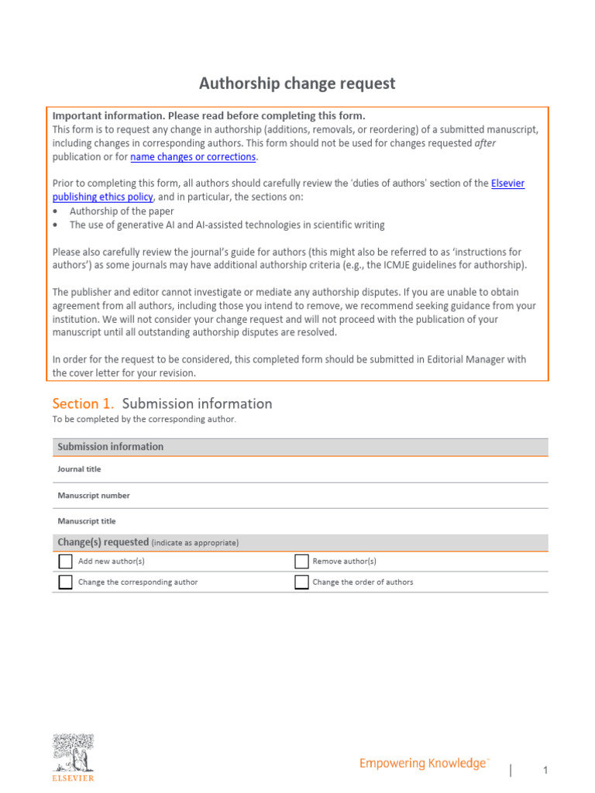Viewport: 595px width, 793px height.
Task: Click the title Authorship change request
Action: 297,83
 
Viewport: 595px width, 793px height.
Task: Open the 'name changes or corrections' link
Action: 193,156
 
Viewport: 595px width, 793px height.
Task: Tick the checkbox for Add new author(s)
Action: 66,561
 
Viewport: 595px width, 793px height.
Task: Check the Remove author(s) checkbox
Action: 301,561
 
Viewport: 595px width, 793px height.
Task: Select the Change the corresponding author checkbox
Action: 66,582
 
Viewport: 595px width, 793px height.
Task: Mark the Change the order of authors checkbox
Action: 301,582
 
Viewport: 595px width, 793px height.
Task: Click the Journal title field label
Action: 79,469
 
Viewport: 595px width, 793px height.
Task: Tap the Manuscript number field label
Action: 94,496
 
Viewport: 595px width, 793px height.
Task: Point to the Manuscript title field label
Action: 87,521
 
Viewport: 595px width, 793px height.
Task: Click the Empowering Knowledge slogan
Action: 424,764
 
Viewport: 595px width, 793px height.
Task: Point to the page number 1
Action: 545,770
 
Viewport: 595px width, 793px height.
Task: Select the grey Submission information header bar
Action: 300,447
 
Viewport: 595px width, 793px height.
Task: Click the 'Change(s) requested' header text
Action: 103,542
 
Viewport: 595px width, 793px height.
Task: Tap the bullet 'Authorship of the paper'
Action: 122,211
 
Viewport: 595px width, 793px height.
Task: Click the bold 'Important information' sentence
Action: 208,115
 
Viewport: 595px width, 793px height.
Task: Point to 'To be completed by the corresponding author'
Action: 143,419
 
